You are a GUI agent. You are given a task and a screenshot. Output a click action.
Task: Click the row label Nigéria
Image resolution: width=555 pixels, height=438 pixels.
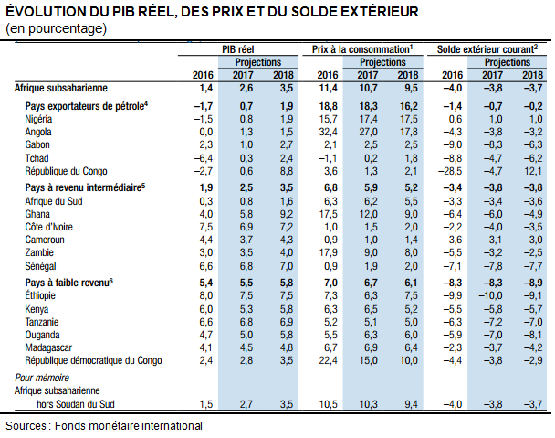(x=38, y=119)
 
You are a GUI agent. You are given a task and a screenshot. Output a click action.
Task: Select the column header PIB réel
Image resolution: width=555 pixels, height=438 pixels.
(x=238, y=49)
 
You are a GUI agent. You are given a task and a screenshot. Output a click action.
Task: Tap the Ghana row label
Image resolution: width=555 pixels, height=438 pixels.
(x=37, y=214)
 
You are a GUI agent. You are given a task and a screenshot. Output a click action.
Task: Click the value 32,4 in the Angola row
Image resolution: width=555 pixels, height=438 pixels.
(x=328, y=133)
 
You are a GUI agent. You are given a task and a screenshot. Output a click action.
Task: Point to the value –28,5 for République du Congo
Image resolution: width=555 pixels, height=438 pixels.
(x=450, y=171)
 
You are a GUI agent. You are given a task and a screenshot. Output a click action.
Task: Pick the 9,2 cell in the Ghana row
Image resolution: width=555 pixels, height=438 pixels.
(x=287, y=214)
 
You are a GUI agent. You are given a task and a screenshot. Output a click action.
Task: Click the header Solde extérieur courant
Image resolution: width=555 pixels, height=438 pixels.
(x=486, y=49)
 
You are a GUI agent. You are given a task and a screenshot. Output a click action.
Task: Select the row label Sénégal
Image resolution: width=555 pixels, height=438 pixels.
(x=40, y=266)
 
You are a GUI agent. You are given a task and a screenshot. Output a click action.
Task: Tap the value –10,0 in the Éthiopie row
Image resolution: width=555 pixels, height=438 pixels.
(x=490, y=295)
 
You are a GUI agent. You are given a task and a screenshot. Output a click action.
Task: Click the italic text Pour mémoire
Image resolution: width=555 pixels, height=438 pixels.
(x=42, y=378)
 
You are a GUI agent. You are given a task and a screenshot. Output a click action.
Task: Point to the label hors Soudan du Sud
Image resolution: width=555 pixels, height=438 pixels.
(x=76, y=404)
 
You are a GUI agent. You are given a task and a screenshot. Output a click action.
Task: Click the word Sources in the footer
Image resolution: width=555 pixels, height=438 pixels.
(x=26, y=425)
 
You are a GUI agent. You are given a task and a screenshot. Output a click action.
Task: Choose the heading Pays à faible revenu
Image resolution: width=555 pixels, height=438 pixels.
(x=67, y=283)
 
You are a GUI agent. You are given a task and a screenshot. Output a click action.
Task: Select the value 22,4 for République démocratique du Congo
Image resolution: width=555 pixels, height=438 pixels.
(x=328, y=360)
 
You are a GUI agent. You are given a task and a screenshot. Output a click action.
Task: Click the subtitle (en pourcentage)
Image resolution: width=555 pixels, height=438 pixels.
(x=56, y=28)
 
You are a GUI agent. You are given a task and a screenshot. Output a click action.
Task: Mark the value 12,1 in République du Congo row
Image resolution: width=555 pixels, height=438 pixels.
(x=533, y=171)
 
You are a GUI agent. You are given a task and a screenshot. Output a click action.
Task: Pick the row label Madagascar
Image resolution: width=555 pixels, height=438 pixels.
(x=48, y=347)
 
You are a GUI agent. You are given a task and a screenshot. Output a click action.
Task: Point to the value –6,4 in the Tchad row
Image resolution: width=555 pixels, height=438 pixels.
(x=204, y=158)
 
